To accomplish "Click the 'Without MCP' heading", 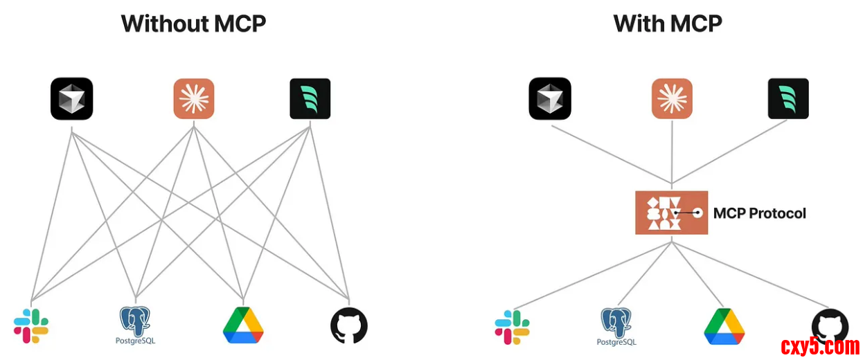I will (193, 24).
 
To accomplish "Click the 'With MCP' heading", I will (668, 24).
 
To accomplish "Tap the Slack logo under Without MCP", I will (31, 326).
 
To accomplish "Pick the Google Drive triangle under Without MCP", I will (243, 325).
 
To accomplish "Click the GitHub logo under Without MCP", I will (349, 325).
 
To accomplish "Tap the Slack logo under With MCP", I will (512, 327).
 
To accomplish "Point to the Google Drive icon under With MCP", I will (724, 326).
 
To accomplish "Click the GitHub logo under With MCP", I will (830, 325).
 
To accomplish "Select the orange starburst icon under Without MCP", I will (193, 99).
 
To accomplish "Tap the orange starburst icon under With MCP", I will (672, 99).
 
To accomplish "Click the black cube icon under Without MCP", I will (72, 99).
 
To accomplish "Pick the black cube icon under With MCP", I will (550, 99).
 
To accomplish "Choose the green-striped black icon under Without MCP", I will (310, 99).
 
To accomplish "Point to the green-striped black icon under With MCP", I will (788, 99).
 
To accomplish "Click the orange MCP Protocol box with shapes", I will (671, 213).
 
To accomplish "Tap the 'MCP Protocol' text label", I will (760, 213).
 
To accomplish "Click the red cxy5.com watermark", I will (820, 346).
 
